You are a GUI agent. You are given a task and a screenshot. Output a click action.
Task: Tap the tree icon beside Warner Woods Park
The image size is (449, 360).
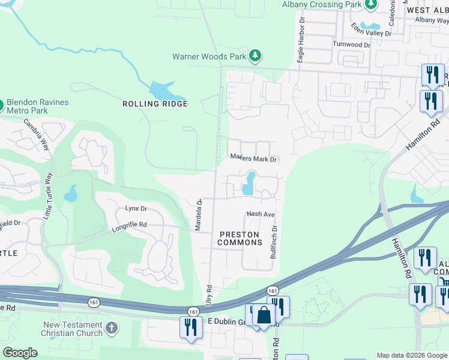coord(256,56)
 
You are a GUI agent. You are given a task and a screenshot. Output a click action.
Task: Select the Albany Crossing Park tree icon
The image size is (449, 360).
coord(372,5)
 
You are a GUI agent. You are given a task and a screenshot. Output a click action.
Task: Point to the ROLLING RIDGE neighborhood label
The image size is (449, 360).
coord(155,104)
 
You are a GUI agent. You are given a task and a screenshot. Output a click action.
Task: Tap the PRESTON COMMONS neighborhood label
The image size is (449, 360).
coord(240,238)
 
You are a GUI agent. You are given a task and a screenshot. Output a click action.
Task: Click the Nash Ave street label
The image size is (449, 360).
coord(261,214)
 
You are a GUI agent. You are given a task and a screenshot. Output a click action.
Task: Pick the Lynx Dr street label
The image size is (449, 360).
coord(136,209)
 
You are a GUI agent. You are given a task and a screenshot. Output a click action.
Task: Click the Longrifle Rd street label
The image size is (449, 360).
coord(129,226)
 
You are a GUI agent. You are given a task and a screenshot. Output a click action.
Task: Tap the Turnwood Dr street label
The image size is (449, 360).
coord(352,45)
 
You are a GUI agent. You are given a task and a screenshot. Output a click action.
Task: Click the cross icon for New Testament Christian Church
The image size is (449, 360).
coord(110,328)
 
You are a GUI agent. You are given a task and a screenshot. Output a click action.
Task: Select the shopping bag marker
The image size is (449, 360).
coord(264,314)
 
